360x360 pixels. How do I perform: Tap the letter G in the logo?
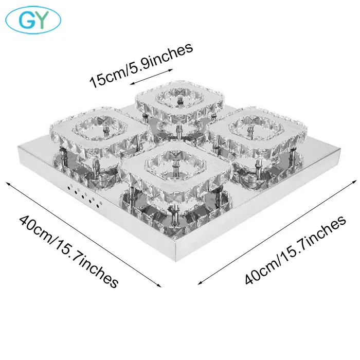tap(27, 20)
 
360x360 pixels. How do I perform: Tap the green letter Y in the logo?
tap(42, 20)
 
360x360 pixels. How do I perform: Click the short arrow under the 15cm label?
tap(151, 77)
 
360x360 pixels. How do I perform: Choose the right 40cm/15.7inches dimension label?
tap(295, 250)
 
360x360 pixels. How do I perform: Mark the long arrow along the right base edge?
tap(277, 232)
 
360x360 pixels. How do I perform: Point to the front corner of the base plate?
tap(176, 262)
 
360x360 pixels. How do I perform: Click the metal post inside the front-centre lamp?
tap(176, 166)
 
